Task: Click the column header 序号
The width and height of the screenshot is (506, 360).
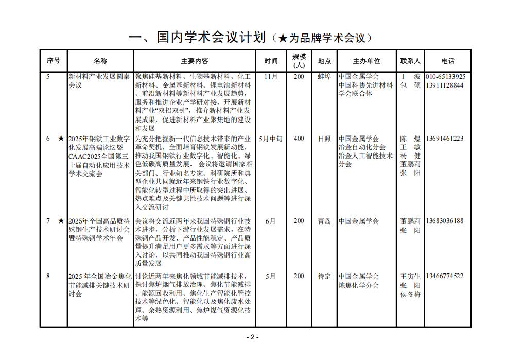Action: (x=53, y=61)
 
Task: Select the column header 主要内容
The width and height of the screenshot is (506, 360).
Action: (x=195, y=61)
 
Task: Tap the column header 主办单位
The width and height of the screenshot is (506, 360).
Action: (x=367, y=61)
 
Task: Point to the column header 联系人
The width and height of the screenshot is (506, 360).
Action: (x=410, y=61)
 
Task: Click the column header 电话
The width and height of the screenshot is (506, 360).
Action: (x=448, y=61)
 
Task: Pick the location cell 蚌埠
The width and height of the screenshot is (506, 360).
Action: (x=324, y=77)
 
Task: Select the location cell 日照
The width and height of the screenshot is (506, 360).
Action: (x=324, y=139)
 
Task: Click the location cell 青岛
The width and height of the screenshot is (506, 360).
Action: (x=324, y=221)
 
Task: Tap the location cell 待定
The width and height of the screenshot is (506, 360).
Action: (x=324, y=276)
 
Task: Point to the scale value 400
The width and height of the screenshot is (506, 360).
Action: (x=299, y=139)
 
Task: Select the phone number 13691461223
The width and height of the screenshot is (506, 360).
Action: (x=445, y=139)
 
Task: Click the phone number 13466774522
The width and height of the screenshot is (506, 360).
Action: (x=445, y=276)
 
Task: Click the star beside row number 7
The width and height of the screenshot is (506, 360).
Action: (x=61, y=221)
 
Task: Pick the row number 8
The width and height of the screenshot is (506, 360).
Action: (x=48, y=276)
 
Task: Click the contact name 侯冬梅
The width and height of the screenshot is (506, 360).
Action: (x=410, y=294)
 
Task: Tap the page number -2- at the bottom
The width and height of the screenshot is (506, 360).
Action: (x=252, y=337)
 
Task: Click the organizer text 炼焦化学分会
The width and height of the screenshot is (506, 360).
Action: (x=359, y=285)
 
